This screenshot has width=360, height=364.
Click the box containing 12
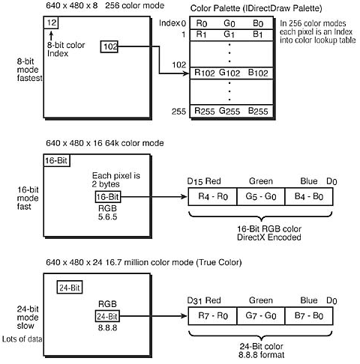click(51, 24)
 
